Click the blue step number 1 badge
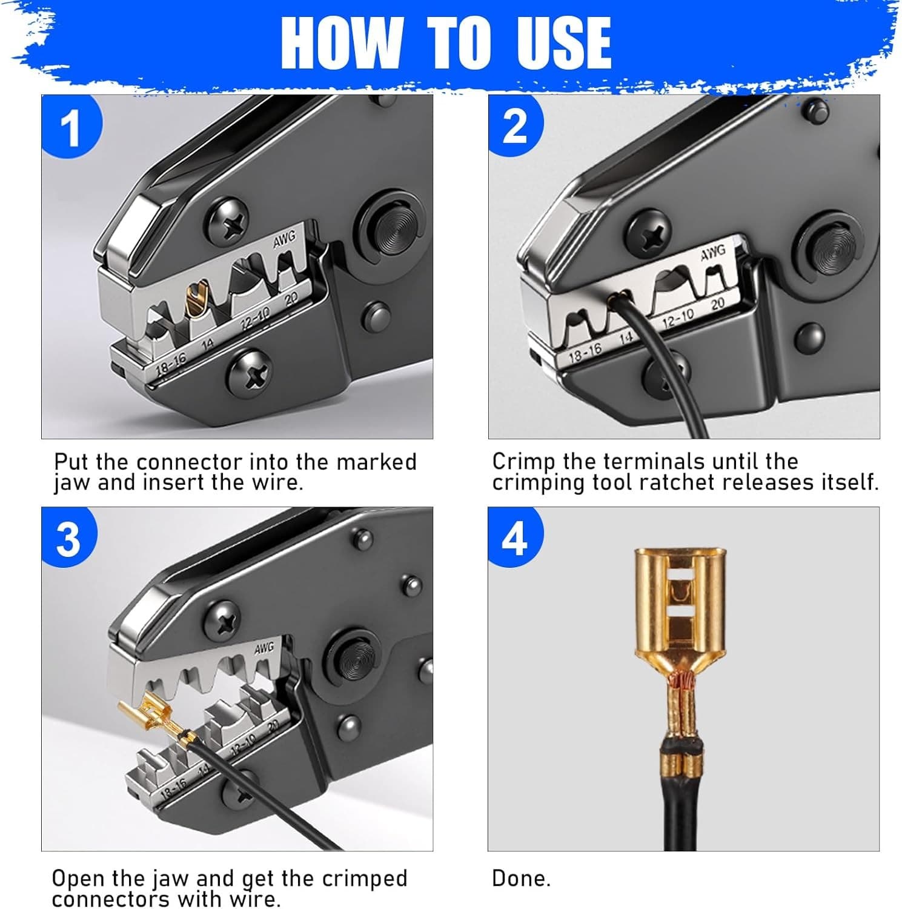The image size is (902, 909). pyautogui.click(x=71, y=127)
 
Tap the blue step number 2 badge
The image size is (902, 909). pyautogui.click(x=516, y=126)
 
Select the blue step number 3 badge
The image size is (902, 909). pyautogui.click(x=68, y=538)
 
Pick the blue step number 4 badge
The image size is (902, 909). pyautogui.click(x=515, y=538)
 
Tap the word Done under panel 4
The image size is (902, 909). pyautogui.click(x=521, y=879)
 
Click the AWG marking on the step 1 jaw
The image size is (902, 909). pyautogui.click(x=284, y=240)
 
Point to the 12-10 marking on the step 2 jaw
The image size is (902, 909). pyautogui.click(x=677, y=317)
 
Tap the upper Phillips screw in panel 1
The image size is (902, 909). pyautogui.click(x=228, y=226)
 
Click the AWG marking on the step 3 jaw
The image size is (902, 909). pyautogui.click(x=264, y=648)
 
